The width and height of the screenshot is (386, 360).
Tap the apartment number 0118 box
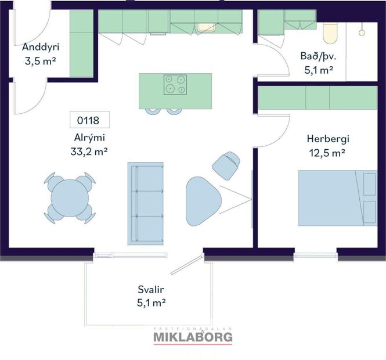[x=88, y=121]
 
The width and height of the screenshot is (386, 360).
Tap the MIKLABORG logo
[x=193, y=336]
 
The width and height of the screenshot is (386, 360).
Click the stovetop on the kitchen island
[x=175, y=85]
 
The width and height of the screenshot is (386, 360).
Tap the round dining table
[x=70, y=198]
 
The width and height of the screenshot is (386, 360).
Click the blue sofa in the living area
[x=146, y=203]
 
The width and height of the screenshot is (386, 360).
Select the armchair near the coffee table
[x=226, y=164]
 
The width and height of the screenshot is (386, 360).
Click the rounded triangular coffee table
[x=201, y=201]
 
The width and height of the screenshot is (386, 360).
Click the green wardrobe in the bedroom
[x=316, y=98]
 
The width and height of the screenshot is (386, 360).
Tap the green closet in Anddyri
[x=82, y=43]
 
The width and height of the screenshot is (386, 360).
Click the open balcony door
[x=189, y=262]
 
